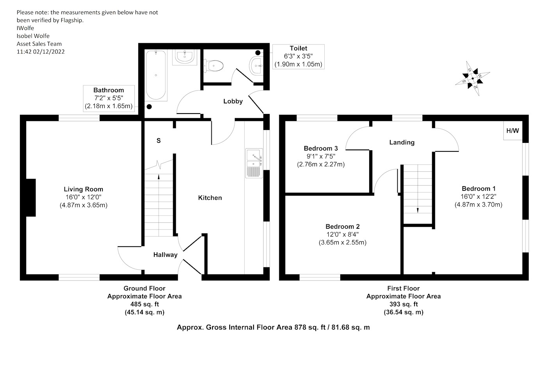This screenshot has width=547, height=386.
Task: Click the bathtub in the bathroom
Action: (156, 75)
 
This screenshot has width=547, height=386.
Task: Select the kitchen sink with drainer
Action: (254, 163)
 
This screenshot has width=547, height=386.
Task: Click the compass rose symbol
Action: (472, 78)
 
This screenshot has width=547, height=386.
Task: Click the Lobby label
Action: (233, 101)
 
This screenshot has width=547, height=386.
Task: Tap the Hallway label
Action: (165, 255)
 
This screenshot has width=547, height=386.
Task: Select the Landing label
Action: (402, 142)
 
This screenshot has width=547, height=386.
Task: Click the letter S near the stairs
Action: (159, 141)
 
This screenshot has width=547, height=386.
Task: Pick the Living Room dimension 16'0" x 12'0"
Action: (83, 197)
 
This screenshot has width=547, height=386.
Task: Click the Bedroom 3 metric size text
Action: (321, 164)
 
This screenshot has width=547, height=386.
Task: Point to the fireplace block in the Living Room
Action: (31, 197)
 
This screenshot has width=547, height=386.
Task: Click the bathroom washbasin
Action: (184, 57)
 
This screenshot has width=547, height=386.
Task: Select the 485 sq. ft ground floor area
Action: (145, 304)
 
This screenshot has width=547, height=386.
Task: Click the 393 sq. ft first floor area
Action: (403, 304)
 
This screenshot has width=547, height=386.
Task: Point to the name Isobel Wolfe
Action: (33, 36)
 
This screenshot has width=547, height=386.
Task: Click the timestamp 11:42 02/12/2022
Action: (41, 52)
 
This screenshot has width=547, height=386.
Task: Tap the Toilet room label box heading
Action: (299, 48)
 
